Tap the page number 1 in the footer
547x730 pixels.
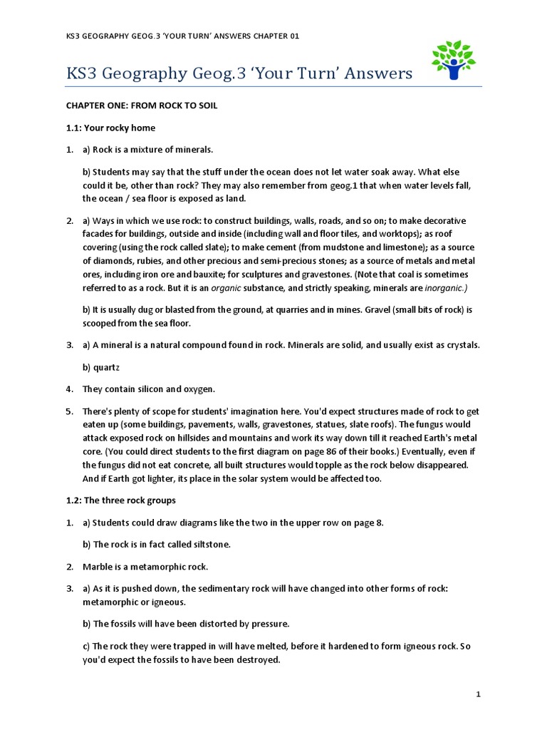click(x=479, y=694)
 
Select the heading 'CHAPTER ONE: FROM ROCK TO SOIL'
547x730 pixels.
click(x=142, y=106)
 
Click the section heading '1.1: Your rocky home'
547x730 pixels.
click(x=110, y=128)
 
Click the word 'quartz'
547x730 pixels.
click(x=106, y=367)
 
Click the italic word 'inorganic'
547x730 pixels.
click(x=446, y=288)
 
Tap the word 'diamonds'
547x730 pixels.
click(x=111, y=261)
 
